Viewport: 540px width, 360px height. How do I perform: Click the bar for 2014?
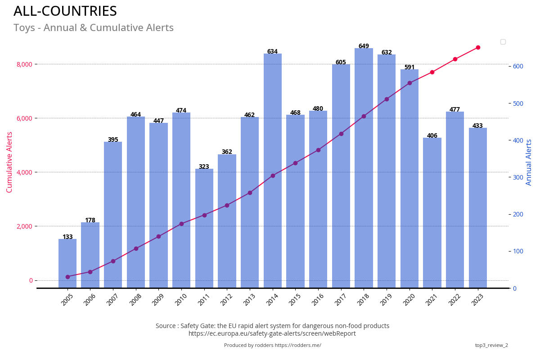(x=272, y=171)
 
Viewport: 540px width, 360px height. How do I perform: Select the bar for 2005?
(x=67, y=263)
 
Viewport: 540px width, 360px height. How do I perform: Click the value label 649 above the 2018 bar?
(x=364, y=46)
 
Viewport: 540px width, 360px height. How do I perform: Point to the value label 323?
(x=204, y=167)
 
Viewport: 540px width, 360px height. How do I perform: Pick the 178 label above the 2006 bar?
(x=90, y=220)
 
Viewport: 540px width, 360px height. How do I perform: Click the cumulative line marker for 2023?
(x=478, y=47)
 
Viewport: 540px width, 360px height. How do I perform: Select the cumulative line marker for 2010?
(x=181, y=224)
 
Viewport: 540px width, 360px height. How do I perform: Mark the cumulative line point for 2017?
(x=341, y=134)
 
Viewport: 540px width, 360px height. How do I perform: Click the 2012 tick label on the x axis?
(x=226, y=300)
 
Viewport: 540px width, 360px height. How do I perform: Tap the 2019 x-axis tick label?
(x=386, y=300)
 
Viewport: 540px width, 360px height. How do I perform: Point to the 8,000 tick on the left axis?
(x=24, y=64)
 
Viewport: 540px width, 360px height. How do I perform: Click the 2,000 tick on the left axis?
(x=24, y=226)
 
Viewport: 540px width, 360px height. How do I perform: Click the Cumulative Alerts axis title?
(x=9, y=162)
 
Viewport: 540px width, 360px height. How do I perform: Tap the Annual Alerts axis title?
(x=529, y=162)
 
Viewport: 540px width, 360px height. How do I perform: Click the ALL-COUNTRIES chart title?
(x=65, y=11)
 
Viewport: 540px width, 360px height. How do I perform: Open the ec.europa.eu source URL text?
(x=272, y=334)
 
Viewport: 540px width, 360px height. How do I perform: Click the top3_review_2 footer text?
(x=491, y=346)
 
